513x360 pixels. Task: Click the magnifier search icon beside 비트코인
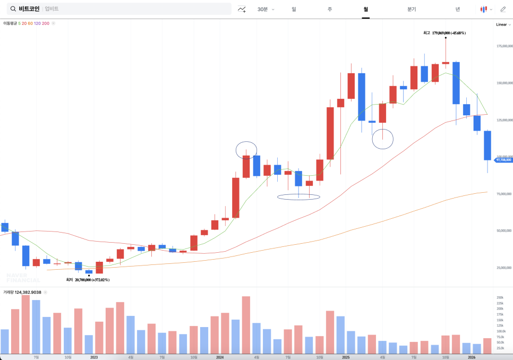click(13, 9)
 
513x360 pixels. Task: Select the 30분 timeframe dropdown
click(266, 9)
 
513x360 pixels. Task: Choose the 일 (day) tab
click(294, 9)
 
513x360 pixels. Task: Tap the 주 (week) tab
click(330, 9)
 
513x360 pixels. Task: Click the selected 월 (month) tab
click(365, 9)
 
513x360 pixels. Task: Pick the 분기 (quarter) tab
click(412, 9)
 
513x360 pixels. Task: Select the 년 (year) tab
click(457, 9)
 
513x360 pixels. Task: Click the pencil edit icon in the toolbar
click(503, 9)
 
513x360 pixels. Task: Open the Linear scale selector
click(502, 24)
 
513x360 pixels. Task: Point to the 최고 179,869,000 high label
click(444, 33)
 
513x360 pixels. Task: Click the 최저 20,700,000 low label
click(88, 279)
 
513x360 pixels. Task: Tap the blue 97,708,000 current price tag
click(503, 159)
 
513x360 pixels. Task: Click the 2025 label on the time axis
click(346, 357)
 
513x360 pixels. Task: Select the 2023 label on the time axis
click(94, 357)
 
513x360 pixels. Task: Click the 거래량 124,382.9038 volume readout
click(22, 292)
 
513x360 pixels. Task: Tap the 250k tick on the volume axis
click(500, 297)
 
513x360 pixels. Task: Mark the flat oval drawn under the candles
click(298, 197)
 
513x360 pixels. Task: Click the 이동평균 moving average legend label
click(10, 23)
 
